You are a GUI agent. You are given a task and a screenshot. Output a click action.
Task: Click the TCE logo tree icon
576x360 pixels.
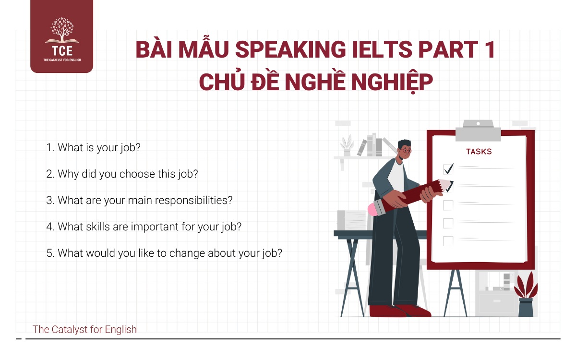pyautogui.click(x=62, y=30)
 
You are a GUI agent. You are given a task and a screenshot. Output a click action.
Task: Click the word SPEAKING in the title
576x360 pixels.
pyautogui.click(x=290, y=49)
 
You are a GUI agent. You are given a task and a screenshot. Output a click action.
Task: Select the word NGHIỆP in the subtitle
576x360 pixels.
pyautogui.click(x=392, y=82)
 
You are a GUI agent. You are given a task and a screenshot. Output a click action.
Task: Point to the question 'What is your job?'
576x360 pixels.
pyautogui.click(x=93, y=148)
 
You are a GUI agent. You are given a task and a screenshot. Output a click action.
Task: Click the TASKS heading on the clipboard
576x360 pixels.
pyautogui.click(x=479, y=152)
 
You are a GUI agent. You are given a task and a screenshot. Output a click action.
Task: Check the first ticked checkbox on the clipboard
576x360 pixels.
pyautogui.click(x=448, y=169)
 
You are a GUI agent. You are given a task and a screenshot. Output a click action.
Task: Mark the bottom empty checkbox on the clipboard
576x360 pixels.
pyautogui.click(x=448, y=241)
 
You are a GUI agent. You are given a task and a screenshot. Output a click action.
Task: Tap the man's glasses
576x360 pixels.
pyautogui.click(x=406, y=150)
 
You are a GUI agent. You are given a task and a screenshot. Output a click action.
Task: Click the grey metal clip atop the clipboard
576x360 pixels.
pyautogui.click(x=478, y=131)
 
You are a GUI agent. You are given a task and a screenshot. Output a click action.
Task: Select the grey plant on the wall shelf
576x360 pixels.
pyautogui.click(x=347, y=145)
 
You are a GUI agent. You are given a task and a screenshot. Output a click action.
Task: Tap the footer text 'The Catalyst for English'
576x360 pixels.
pyautogui.click(x=84, y=329)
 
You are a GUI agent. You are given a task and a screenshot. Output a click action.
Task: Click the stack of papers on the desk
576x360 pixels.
pyautogui.click(x=351, y=220)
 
